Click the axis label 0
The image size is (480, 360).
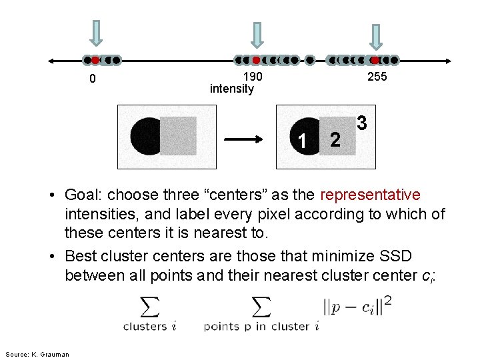click(93, 79)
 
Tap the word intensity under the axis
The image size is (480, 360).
click(231, 89)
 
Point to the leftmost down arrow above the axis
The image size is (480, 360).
click(97, 33)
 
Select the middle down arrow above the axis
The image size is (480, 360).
click(257, 36)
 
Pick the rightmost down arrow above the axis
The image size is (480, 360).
click(376, 37)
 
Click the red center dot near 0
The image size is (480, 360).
click(95, 60)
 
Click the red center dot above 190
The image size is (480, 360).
click(256, 60)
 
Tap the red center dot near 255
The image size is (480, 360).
click(375, 60)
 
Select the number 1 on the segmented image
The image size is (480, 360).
click(303, 141)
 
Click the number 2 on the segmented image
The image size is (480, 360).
click(335, 139)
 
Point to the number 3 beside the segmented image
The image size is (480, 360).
click(361, 123)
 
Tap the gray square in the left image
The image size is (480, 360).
click(179, 135)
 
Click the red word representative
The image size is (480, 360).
click(370, 195)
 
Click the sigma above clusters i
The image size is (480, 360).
click(150, 307)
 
